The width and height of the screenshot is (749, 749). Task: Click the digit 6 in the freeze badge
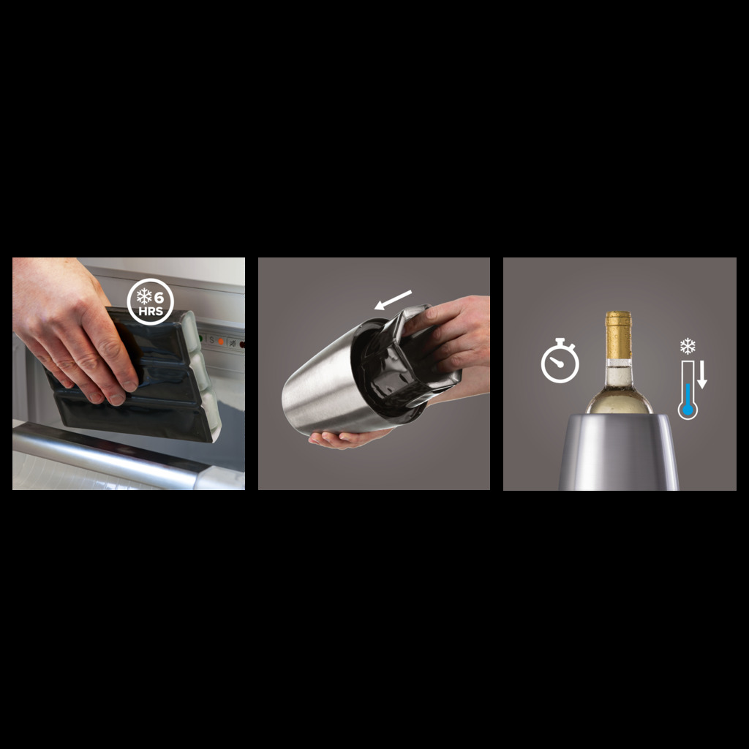tap(159, 297)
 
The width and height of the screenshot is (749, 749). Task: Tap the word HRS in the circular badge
tap(151, 311)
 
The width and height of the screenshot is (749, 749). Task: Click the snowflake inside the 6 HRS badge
tap(144, 297)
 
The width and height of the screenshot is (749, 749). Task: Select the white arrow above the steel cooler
tap(393, 300)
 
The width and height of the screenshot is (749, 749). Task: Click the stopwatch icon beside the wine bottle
tap(560, 361)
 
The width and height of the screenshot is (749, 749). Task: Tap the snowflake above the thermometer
tap(688, 346)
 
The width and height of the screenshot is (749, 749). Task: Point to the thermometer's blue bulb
tap(688, 410)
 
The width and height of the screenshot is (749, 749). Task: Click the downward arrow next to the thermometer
tap(701, 374)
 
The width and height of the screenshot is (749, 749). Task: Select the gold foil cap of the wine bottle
tap(619, 335)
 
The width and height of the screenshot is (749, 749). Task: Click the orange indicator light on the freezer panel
tap(221, 342)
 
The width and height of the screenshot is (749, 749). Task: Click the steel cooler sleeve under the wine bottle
tap(619, 452)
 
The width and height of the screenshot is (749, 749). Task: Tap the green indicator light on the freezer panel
tap(201, 339)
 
